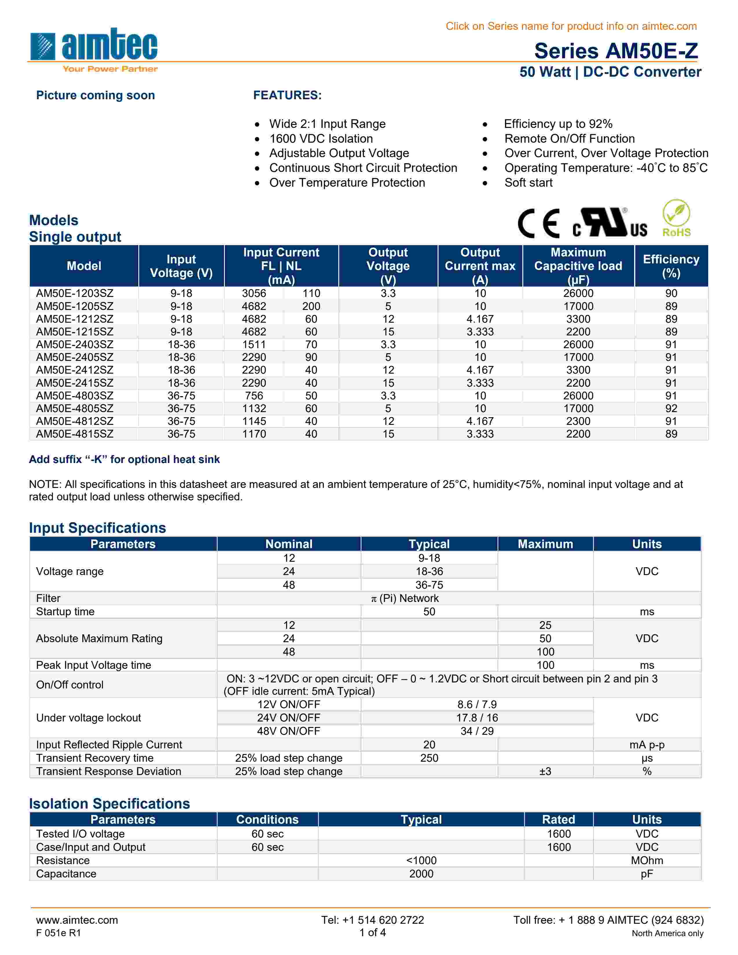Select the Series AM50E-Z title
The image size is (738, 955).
tap(616, 51)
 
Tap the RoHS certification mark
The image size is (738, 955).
tap(676, 218)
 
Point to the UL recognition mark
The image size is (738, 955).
tap(610, 223)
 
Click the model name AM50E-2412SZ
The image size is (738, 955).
tap(75, 370)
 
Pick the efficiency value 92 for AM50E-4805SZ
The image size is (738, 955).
tap(671, 408)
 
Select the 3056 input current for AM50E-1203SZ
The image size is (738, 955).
tap(254, 293)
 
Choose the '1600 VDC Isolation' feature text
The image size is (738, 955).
tap(321, 139)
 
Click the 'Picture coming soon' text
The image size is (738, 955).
tap(95, 95)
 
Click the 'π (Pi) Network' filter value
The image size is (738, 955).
tap(405, 598)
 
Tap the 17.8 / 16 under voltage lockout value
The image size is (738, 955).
tap(477, 718)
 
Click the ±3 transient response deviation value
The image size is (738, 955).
tap(545, 771)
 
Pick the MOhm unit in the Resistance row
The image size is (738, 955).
tap(647, 861)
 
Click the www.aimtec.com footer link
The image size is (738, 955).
tap(77, 920)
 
